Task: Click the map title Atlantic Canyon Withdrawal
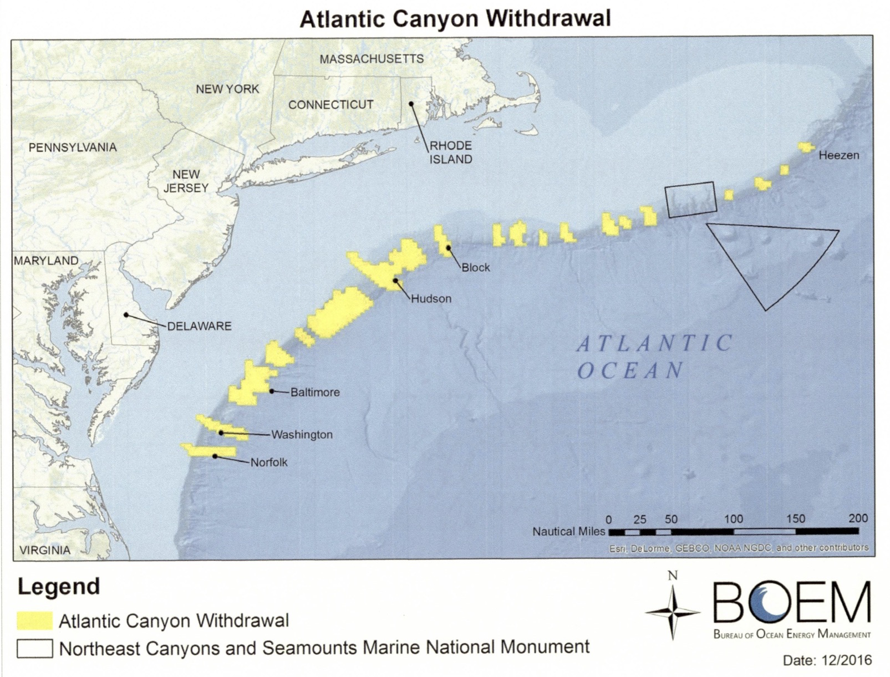point(455,19)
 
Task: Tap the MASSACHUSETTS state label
point(372,59)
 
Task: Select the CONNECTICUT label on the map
point(330,105)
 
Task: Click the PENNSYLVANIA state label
point(73,147)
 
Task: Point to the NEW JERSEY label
point(186,181)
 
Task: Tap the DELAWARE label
point(199,326)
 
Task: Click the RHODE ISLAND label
point(450,152)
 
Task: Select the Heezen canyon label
point(838,155)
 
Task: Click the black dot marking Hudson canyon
point(395,281)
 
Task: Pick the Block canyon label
point(476,267)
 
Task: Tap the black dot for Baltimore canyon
point(272,391)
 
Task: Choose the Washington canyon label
point(302,435)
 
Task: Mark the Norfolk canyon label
point(269,462)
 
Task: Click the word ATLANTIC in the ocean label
point(655,344)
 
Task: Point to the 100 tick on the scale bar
point(733,520)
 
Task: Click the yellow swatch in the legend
point(34,620)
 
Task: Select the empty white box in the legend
point(34,648)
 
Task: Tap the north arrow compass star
point(673,612)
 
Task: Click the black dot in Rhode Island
point(411,104)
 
